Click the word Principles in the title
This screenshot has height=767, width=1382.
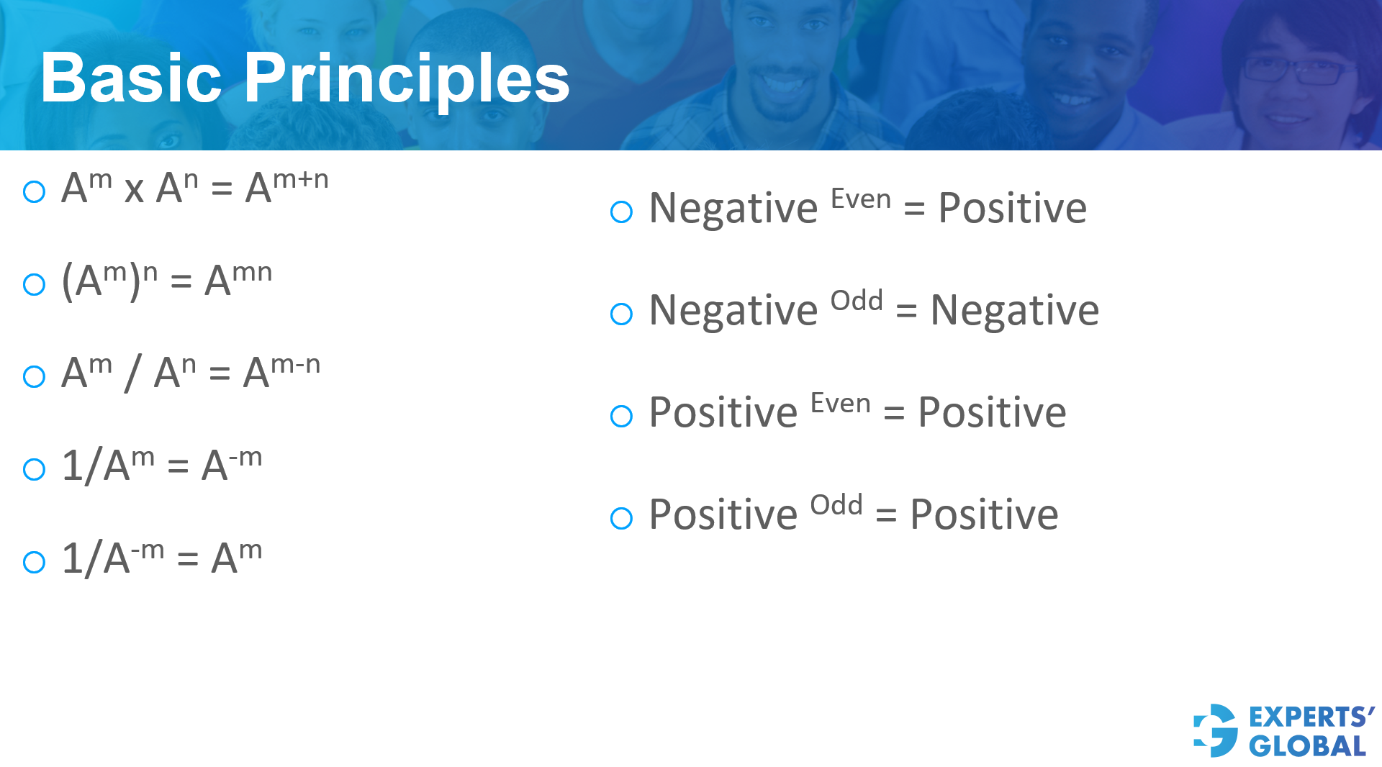coord(407,79)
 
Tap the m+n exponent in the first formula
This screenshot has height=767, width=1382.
coord(300,178)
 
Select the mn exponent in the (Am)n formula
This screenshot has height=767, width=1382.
coord(252,272)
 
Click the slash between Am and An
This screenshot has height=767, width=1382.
coord(132,373)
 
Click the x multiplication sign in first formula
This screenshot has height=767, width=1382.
coord(134,190)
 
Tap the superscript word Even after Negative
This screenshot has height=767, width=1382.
coord(860,199)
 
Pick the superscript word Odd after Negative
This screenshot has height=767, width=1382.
coord(856,301)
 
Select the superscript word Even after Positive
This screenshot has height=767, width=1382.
coord(840,403)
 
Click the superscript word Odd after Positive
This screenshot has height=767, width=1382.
coord(836,505)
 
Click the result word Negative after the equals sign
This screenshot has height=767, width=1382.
coord(1014,311)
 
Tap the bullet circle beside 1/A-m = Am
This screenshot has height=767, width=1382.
coord(35,562)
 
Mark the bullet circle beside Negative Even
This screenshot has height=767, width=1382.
coord(621,212)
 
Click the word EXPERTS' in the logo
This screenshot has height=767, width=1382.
coord(1311,717)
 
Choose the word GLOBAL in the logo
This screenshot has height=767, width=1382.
coord(1307,746)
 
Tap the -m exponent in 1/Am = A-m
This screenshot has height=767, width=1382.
coord(245,456)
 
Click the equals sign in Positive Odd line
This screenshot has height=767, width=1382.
coord(885,515)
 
